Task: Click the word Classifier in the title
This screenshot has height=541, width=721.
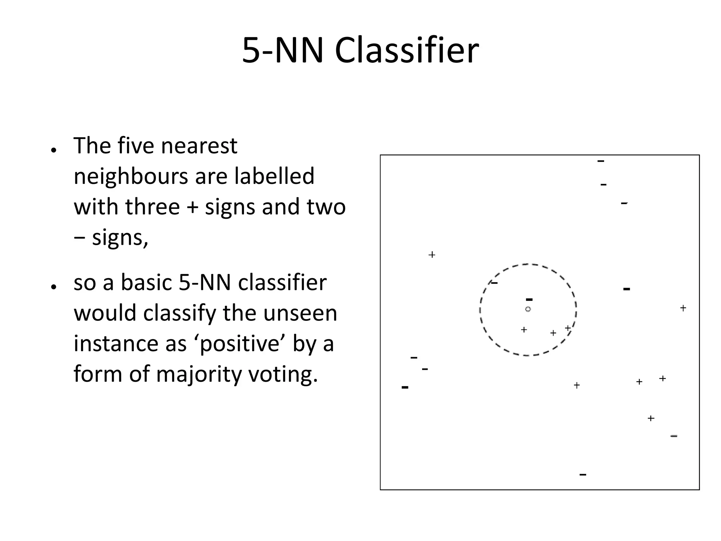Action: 407,51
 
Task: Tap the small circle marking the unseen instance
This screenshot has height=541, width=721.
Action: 528,309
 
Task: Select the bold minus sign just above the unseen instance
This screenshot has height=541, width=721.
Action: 529,300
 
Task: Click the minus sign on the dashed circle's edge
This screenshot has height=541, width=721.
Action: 494,282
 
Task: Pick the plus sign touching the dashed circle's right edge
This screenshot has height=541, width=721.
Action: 568,328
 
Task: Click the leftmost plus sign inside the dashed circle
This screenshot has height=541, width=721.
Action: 524,330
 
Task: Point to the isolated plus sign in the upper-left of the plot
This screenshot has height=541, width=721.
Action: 432,255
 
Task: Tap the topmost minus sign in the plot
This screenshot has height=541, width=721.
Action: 601,161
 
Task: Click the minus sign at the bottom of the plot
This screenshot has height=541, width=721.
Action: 583,475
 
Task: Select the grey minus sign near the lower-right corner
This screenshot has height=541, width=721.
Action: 674,436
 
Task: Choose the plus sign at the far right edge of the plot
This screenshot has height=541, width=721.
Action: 683,308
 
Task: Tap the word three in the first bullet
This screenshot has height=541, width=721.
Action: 153,207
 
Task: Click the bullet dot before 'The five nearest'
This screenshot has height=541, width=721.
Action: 54,150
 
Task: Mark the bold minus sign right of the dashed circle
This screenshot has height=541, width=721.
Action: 626,289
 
